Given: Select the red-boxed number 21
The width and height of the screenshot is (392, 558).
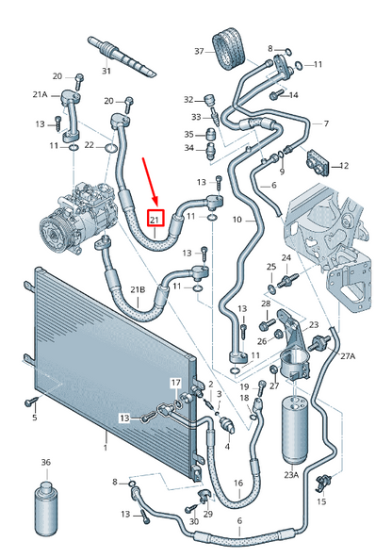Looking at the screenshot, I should [x=155, y=219].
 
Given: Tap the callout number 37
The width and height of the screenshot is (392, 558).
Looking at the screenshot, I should [x=199, y=50].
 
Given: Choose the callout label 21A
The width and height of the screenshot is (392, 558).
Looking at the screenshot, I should [x=41, y=94].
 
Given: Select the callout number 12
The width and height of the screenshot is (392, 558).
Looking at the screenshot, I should [x=343, y=166].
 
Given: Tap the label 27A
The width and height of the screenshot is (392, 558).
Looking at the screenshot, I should [x=348, y=356].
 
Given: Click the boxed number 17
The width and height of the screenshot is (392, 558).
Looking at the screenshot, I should [x=175, y=382].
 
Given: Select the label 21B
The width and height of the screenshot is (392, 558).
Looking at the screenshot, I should [x=138, y=288].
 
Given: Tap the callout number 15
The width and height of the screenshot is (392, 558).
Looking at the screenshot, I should [x=321, y=501].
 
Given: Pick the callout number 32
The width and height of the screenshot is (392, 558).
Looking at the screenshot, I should [x=188, y=99].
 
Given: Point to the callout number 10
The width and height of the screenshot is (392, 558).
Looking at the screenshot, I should [x=237, y=220].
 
